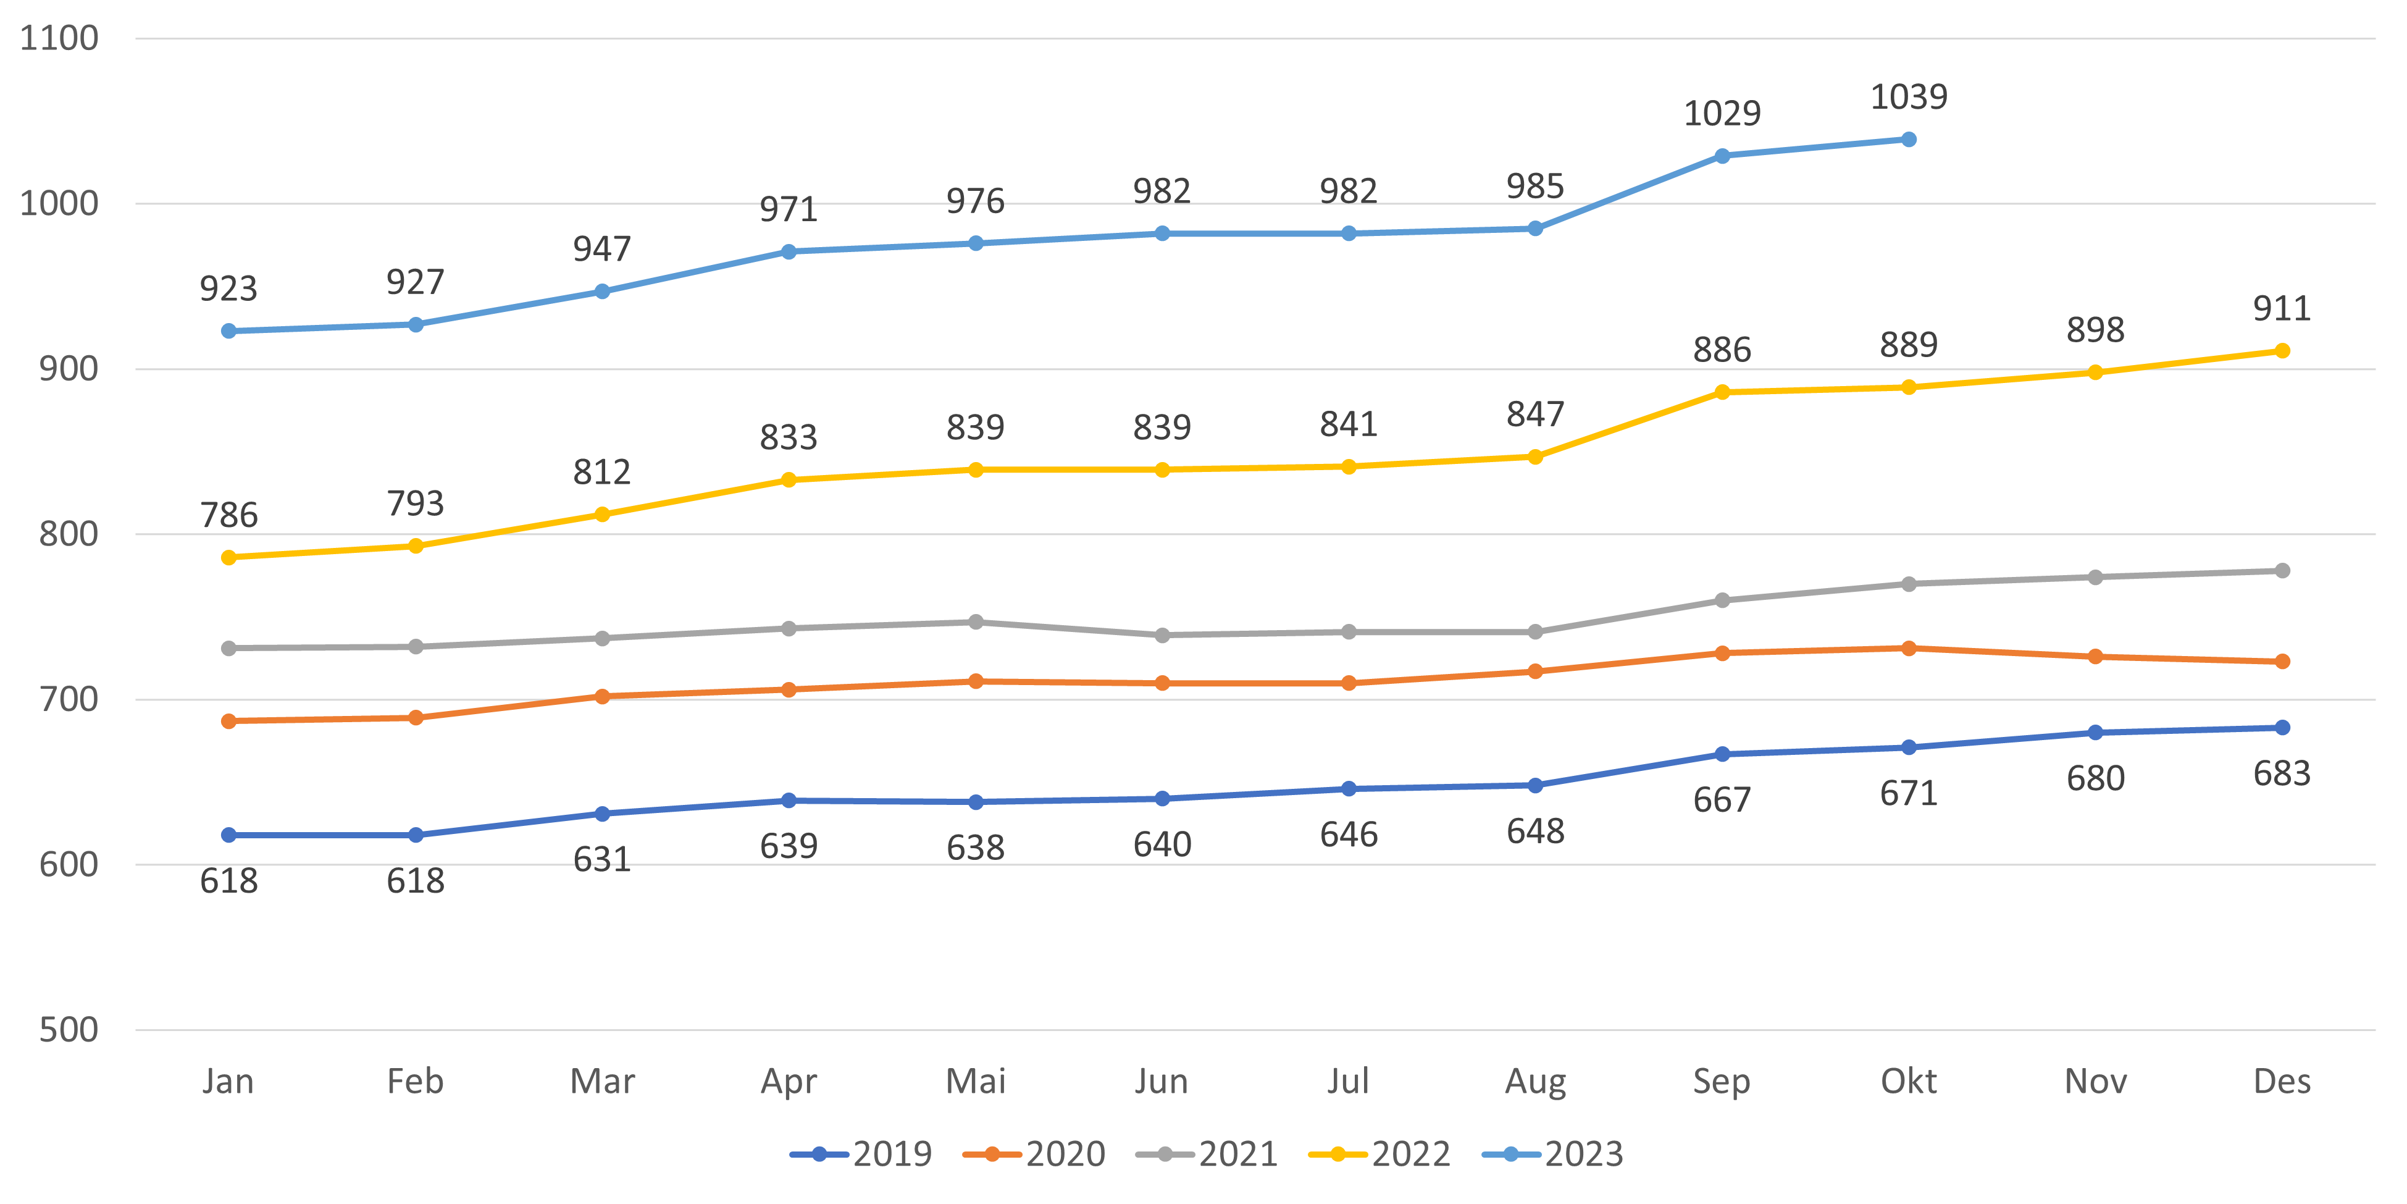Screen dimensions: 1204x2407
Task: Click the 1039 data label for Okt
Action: [1908, 97]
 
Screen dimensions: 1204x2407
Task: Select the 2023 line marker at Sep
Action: [1722, 156]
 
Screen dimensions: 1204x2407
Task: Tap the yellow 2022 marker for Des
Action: [2282, 350]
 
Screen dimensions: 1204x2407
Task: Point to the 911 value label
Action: [2282, 308]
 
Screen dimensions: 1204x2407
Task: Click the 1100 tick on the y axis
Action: [59, 38]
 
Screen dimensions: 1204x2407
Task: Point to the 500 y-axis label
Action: [68, 1030]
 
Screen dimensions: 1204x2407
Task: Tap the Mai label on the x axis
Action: [976, 1082]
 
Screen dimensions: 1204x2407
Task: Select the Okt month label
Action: [1908, 1082]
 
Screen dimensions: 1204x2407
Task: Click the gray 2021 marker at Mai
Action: [976, 621]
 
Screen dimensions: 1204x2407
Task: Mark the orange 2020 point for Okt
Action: [1909, 648]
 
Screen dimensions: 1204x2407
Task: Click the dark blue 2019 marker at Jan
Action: [229, 835]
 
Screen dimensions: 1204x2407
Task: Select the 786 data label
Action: [229, 515]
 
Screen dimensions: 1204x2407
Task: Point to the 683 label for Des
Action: [2282, 774]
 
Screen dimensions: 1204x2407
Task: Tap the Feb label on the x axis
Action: [415, 1082]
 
